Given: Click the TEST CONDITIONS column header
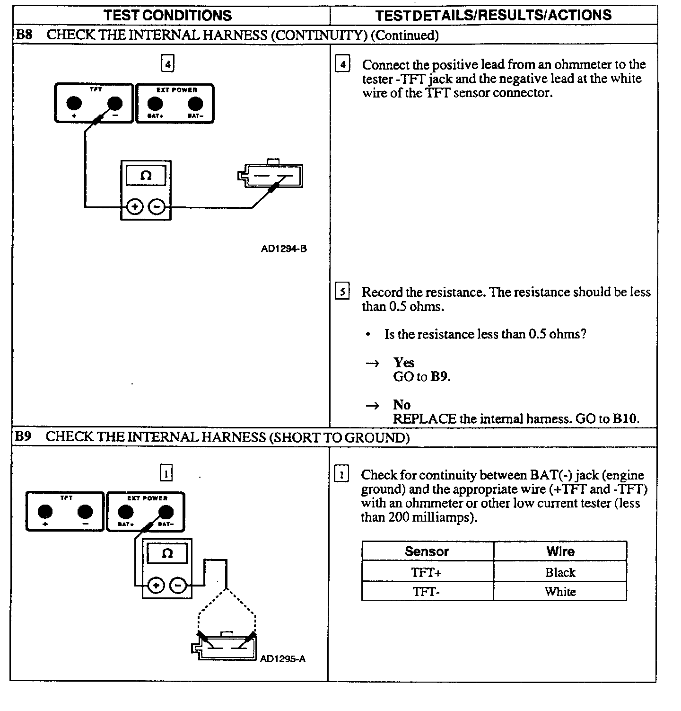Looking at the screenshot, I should pos(168,15).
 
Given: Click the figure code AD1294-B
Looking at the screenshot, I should pos(284,249).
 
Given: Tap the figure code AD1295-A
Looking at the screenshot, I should pos(283,658).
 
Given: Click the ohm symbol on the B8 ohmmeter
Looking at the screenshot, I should pos(146,176).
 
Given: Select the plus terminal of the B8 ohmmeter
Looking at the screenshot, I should pos(135,207).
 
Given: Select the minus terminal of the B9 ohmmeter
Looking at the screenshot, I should pos(178,586).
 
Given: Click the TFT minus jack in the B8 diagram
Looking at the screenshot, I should pos(115,103).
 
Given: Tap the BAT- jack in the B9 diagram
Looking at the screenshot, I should pos(166,512).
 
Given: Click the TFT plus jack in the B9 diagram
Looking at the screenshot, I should pos(45,511).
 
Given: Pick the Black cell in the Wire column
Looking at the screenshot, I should pos(560,572).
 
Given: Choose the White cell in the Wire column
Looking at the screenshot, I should pos(560,591).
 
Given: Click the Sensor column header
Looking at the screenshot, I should pos(427,551).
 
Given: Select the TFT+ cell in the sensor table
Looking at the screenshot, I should pos(427,572).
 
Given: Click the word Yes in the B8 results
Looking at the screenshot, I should pos(403,363).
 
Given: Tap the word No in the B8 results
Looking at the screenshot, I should pos(402,405).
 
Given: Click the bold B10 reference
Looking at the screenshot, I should pos(624,419).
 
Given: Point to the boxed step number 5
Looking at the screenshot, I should pos(342,292).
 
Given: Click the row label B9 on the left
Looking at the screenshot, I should pos(23,436).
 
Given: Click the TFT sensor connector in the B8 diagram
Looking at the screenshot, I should pos(271,176).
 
